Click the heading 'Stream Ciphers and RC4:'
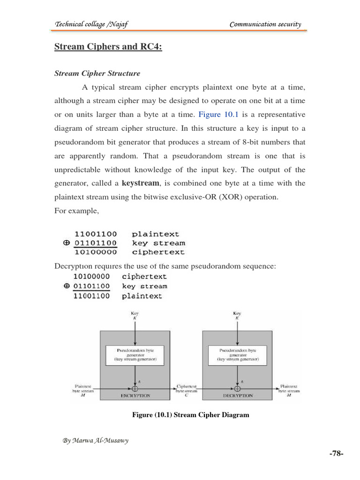[108, 47]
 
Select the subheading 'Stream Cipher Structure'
[97, 74]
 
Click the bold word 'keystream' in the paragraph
[140, 183]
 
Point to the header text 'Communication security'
[265, 24]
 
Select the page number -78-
[336, 453]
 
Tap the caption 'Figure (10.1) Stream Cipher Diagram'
[190, 415]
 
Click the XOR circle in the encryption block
[135, 388]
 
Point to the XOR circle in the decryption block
[237, 388]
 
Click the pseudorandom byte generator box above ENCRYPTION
[135, 355]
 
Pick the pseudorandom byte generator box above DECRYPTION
[237, 355]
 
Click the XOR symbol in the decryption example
[67, 286]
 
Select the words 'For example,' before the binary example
[76, 210]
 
